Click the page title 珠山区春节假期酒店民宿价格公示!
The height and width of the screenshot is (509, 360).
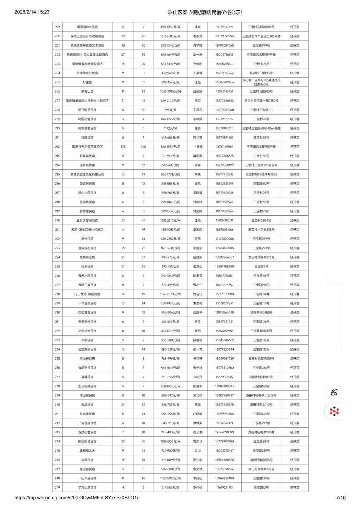(205, 12)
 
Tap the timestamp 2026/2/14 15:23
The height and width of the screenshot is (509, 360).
(32, 12)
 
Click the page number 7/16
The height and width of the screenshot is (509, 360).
(341, 498)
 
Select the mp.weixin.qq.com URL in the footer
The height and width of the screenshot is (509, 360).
(77, 498)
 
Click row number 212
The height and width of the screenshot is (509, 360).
(57, 147)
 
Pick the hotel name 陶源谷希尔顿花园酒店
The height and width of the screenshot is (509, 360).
(87, 147)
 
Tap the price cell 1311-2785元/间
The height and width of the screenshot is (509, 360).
(170, 36)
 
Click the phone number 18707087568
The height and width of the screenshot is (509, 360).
(224, 46)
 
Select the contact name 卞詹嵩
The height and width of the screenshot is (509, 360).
(197, 147)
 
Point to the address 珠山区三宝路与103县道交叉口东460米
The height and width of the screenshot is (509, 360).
(261, 82)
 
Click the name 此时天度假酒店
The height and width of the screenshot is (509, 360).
(87, 220)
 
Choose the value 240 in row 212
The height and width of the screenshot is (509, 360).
(143, 147)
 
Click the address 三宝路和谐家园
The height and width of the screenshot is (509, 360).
(261, 331)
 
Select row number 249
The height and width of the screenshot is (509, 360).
(57, 488)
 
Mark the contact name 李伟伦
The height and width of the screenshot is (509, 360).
(197, 488)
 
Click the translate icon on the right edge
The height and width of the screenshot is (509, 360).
(334, 392)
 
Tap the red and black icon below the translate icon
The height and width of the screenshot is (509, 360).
(334, 411)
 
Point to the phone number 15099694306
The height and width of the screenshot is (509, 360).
(224, 414)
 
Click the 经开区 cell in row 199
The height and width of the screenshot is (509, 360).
(295, 27)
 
